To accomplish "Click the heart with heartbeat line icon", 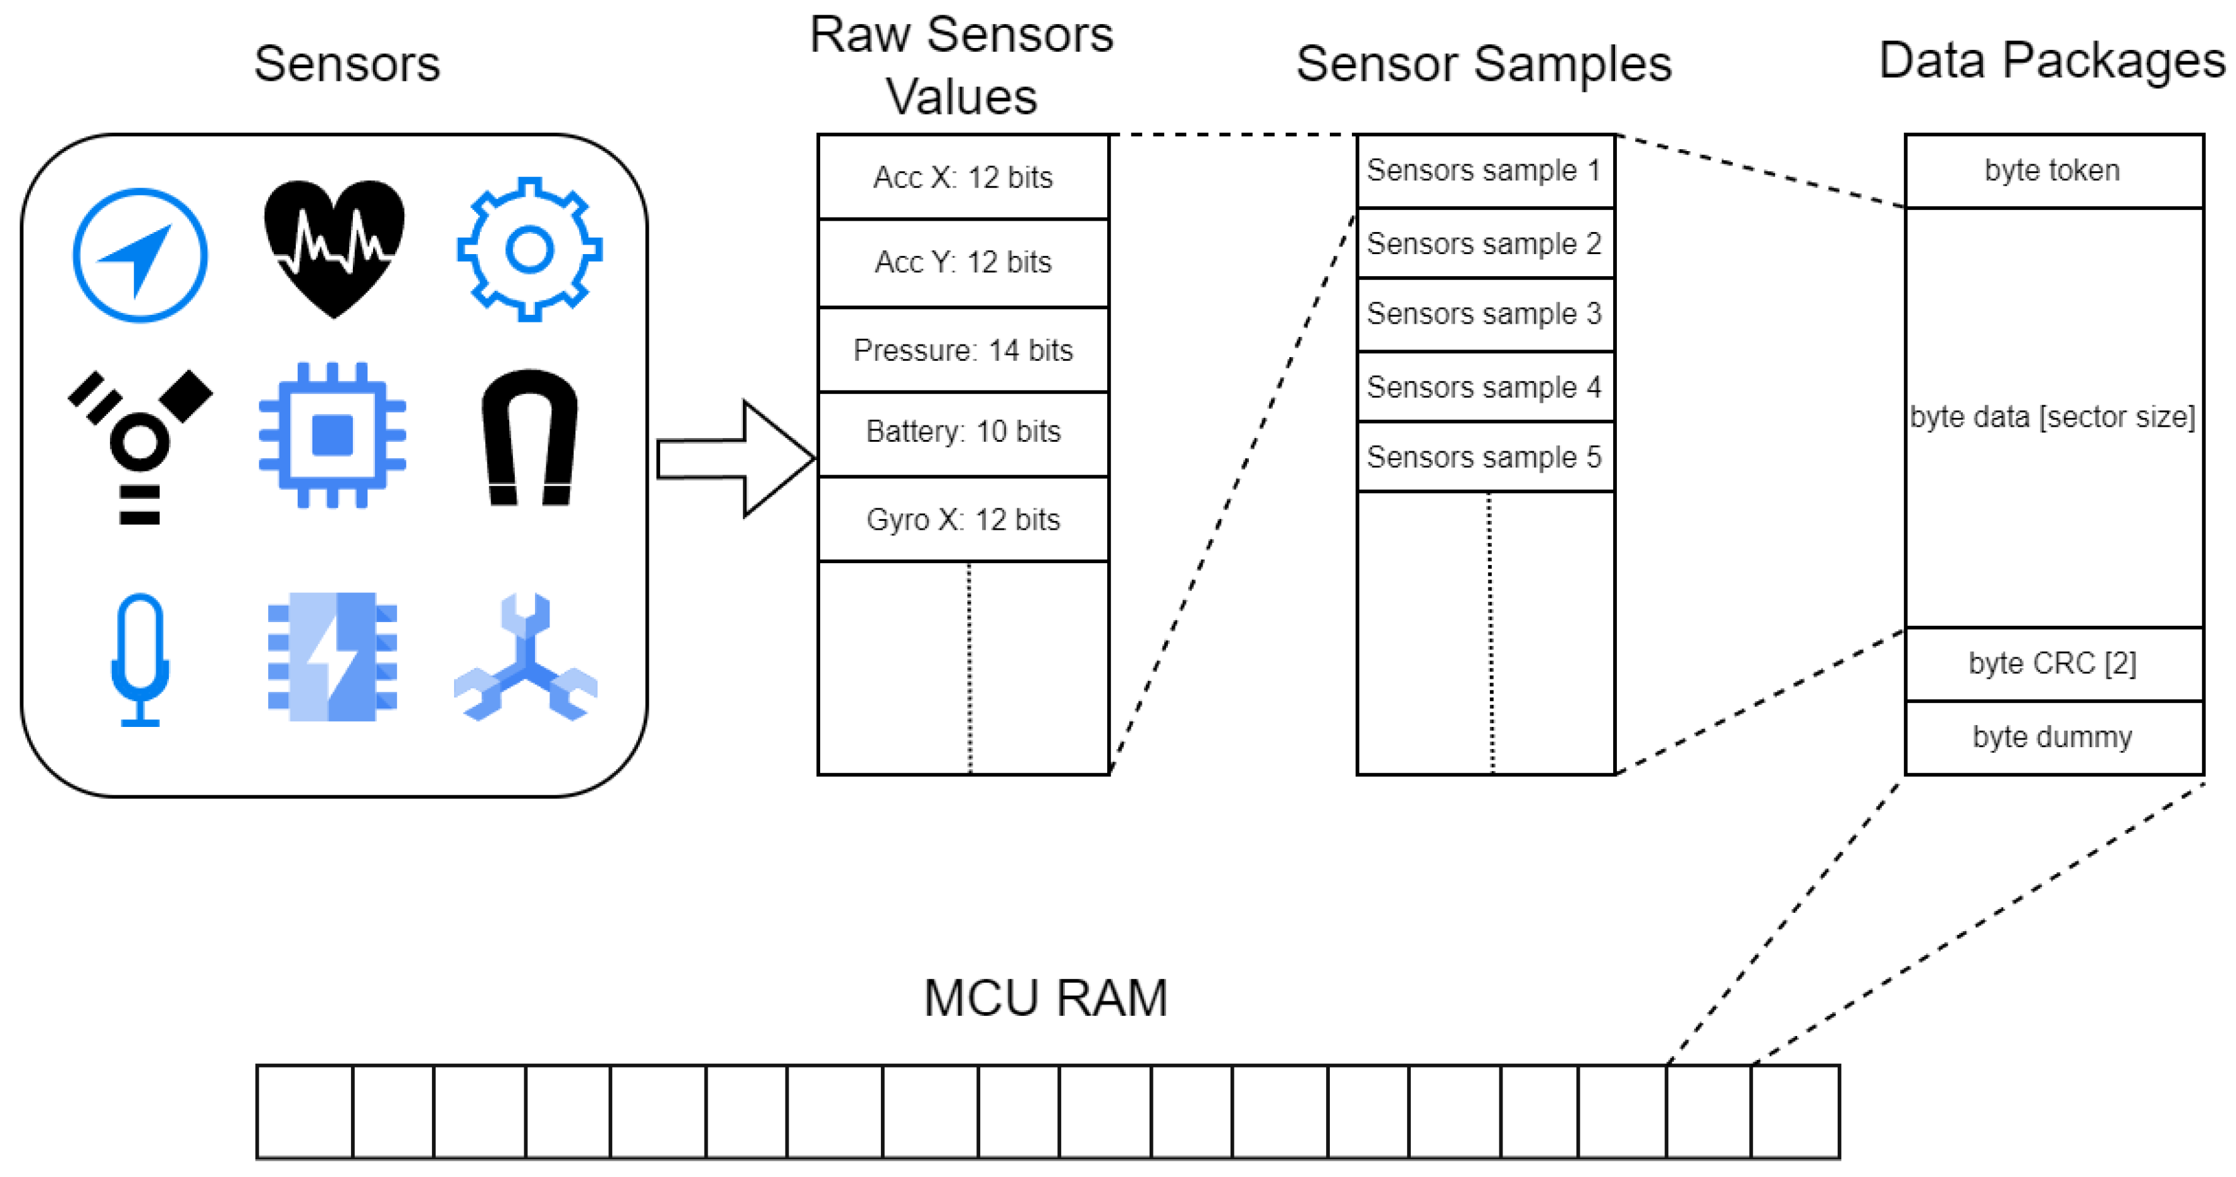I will click(x=334, y=247).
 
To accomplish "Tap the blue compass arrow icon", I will click(x=140, y=255).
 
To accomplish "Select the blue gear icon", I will click(x=529, y=250).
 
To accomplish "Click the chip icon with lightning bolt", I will click(x=333, y=657).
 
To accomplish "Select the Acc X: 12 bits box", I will click(x=962, y=177).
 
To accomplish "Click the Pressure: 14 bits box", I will click(x=962, y=350).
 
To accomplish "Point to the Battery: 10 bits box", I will click(x=962, y=431).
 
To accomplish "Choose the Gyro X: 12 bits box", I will click(x=962, y=519).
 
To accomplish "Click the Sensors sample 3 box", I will click(x=1484, y=314).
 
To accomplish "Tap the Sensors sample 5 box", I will click(x=1484, y=456).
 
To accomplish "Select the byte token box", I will click(x=2052, y=170).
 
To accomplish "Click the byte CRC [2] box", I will click(x=2052, y=663).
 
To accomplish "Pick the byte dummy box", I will click(x=2052, y=737).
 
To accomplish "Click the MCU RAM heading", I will click(x=1045, y=998).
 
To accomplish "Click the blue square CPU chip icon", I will click(x=333, y=435).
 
